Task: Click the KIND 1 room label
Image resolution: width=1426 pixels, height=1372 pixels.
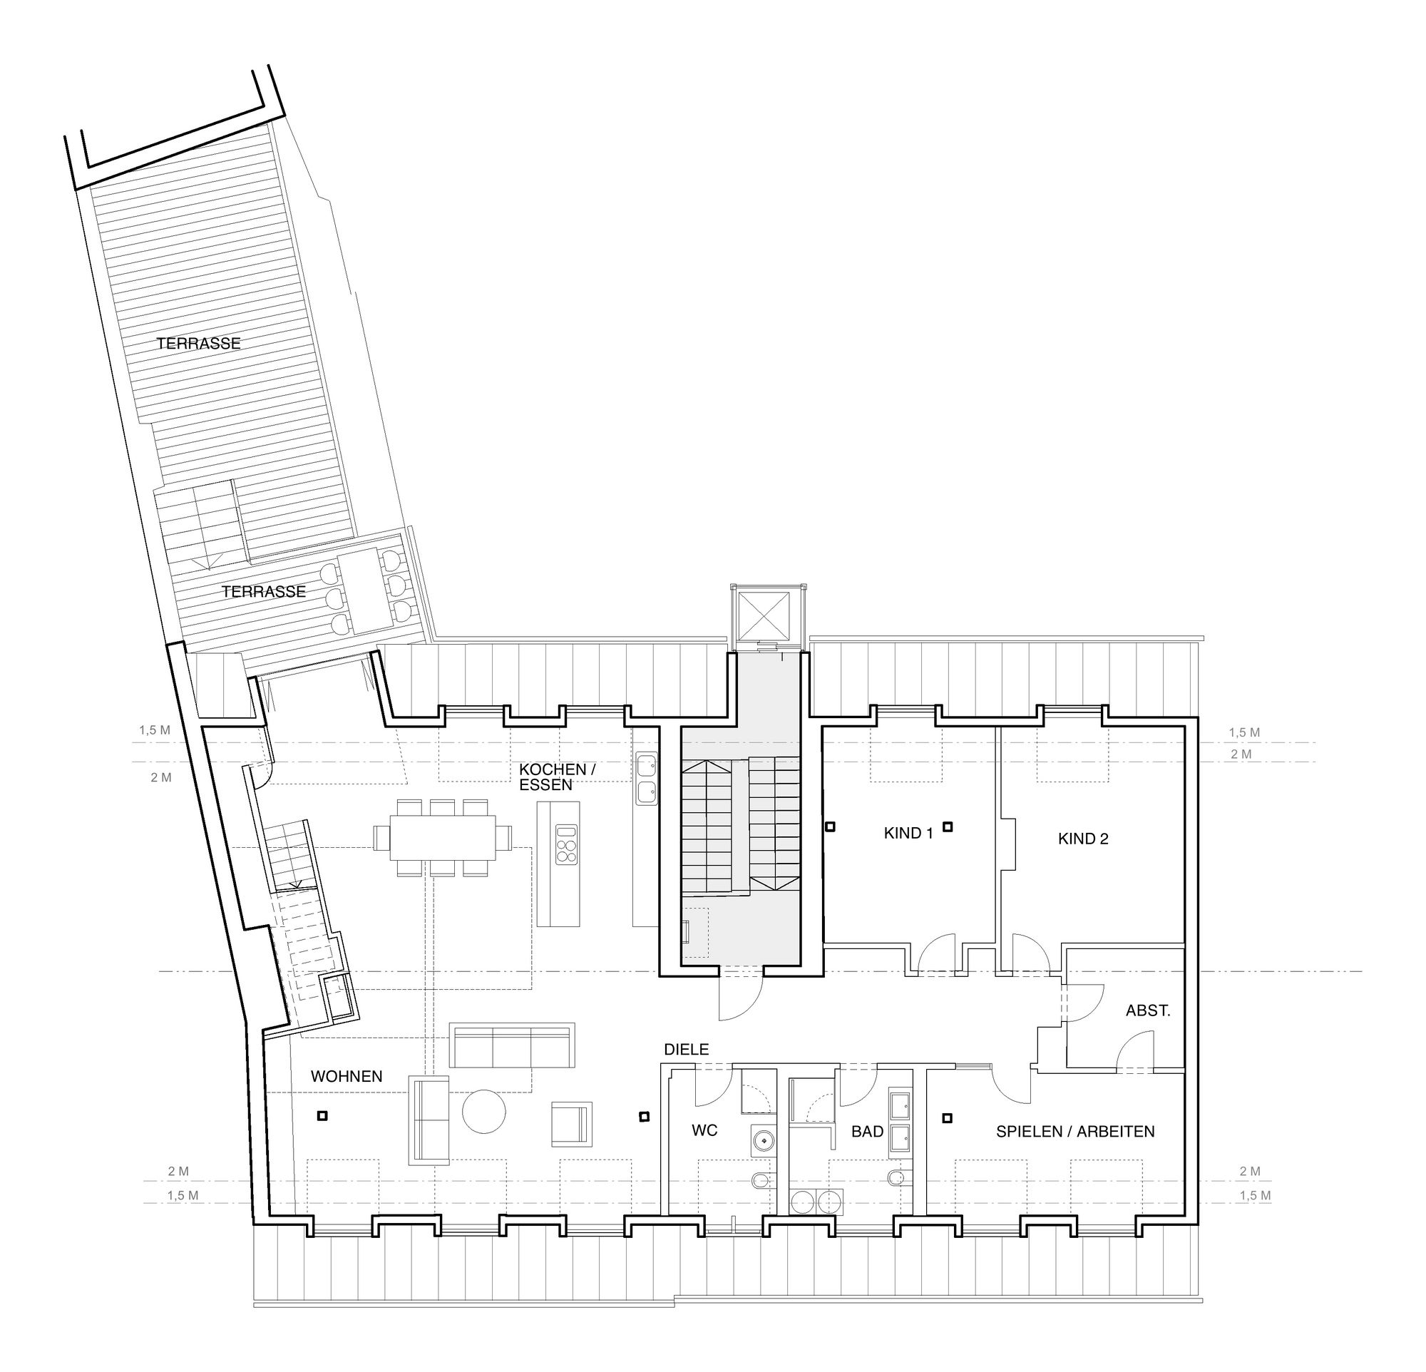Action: [x=908, y=834]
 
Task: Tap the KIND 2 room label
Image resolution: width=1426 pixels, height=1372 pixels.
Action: [x=1083, y=839]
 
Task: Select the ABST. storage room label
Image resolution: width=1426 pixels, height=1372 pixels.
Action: [x=1148, y=1010]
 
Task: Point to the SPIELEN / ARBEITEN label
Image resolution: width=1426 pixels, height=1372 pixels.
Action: [x=1075, y=1131]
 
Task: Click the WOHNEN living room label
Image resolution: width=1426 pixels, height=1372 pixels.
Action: [x=347, y=1076]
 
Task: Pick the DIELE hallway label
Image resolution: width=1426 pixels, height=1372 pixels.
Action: [x=686, y=1049]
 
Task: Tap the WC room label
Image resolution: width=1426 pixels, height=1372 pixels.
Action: [x=704, y=1130]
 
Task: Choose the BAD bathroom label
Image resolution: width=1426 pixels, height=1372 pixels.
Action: [x=867, y=1131]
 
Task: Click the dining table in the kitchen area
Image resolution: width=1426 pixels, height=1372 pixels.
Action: [x=442, y=837]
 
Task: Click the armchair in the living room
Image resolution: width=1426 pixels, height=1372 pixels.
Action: [x=571, y=1123]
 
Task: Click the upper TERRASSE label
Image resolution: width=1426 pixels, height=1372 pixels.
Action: [x=199, y=344]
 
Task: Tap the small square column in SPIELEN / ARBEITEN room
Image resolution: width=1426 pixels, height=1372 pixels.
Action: [x=948, y=1117]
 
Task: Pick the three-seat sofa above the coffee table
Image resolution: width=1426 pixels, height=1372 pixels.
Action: [x=512, y=1045]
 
